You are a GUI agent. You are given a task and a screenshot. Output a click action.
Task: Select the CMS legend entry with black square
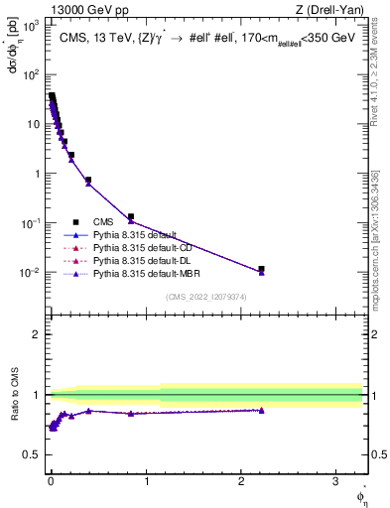102,221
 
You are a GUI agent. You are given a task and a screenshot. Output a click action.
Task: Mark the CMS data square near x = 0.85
131,216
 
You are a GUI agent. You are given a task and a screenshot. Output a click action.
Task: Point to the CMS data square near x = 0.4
88,181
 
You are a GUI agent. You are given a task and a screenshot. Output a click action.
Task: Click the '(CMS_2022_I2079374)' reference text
205,296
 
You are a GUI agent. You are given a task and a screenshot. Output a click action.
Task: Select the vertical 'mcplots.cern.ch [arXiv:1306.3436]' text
381,233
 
